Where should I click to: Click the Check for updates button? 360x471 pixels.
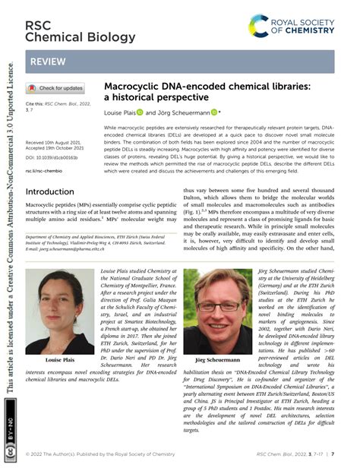click(x=55, y=88)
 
